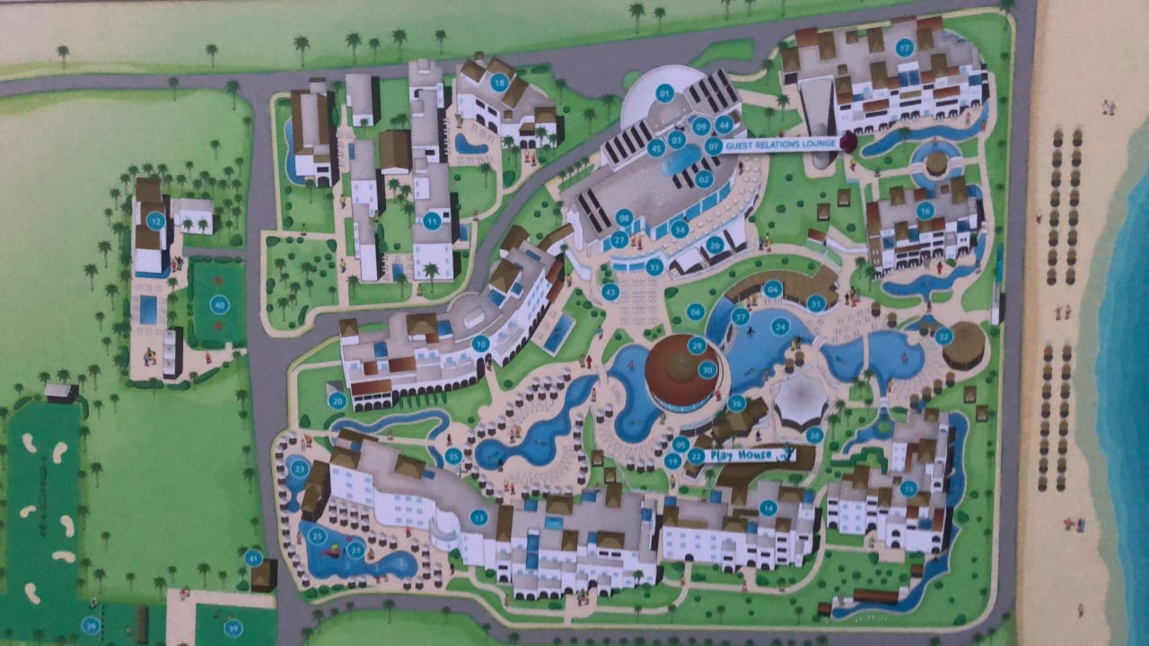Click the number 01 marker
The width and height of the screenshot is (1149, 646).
[x=665, y=92]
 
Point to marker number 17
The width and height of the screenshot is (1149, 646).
[x=904, y=48]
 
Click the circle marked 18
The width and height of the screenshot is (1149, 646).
[x=500, y=83]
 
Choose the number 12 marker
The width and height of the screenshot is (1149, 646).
[x=156, y=220]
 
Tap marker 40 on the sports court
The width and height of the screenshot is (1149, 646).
[x=218, y=305]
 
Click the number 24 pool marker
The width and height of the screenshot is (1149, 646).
[x=780, y=327]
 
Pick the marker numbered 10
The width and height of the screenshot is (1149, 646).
[x=480, y=343]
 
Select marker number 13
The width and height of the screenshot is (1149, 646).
[x=478, y=517]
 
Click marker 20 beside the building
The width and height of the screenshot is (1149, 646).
[x=338, y=401]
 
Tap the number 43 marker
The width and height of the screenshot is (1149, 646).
[x=611, y=292]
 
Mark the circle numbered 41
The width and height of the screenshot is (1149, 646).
[x=254, y=558]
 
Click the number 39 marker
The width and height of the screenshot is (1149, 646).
[x=233, y=628]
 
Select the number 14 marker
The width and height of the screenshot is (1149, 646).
[x=767, y=508]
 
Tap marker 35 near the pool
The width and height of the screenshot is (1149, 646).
[x=453, y=457]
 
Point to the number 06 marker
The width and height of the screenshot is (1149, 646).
[x=695, y=311]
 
